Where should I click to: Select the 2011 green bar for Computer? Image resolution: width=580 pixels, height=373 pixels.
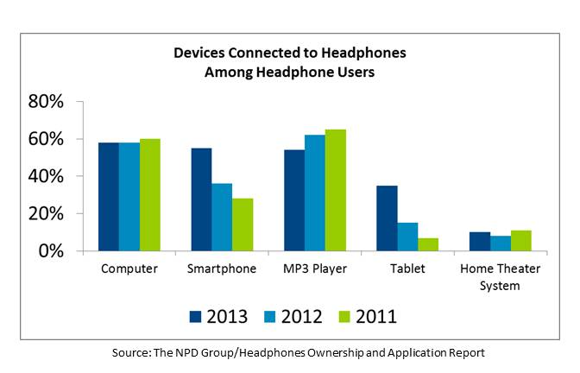(149, 195)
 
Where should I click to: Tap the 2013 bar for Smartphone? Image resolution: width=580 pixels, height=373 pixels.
(201, 199)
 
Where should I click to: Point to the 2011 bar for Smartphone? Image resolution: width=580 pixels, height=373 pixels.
(243, 224)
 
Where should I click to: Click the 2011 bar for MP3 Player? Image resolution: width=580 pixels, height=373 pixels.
(336, 190)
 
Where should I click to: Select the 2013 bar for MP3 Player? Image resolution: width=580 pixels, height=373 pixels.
(294, 200)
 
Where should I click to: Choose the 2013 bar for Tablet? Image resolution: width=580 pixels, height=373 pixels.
(388, 218)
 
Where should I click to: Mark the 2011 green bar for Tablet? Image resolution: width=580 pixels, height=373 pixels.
(429, 244)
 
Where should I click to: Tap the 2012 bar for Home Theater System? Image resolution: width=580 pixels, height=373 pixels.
(501, 243)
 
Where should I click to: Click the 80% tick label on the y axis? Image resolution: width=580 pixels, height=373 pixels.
(46, 102)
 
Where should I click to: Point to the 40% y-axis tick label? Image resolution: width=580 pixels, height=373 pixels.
(46, 176)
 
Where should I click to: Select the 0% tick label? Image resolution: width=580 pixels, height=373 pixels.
(51, 250)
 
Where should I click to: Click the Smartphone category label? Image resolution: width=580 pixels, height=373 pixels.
(222, 269)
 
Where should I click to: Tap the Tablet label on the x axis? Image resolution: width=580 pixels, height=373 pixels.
(407, 269)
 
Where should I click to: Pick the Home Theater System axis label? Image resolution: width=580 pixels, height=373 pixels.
(501, 276)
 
